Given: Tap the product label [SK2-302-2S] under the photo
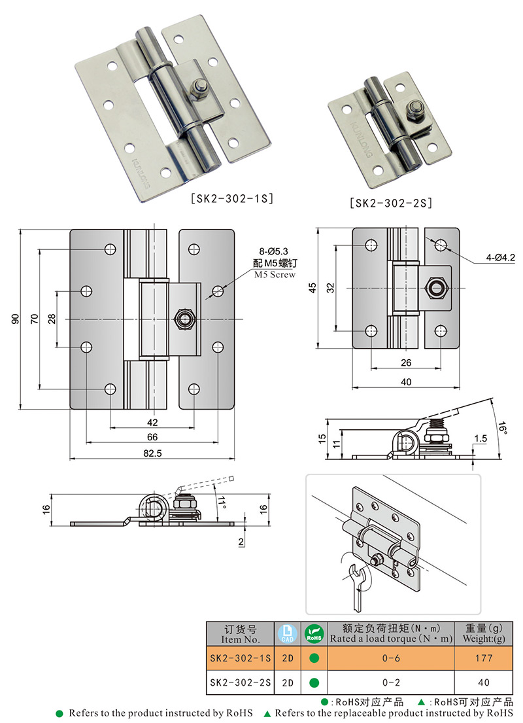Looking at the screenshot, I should click(391, 203).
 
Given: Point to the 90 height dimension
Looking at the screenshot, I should click(14, 319).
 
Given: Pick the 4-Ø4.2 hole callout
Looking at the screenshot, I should click(499, 258).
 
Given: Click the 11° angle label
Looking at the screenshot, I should click(222, 502).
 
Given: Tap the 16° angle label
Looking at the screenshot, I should click(501, 427).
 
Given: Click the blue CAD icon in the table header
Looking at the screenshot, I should click(287, 633).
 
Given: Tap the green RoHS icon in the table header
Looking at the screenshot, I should click(314, 633).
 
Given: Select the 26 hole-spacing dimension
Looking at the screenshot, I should click(405, 362).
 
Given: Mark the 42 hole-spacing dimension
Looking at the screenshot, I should click(152, 422).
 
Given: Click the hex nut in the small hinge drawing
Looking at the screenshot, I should click(435, 287).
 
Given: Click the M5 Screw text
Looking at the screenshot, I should click(275, 275).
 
